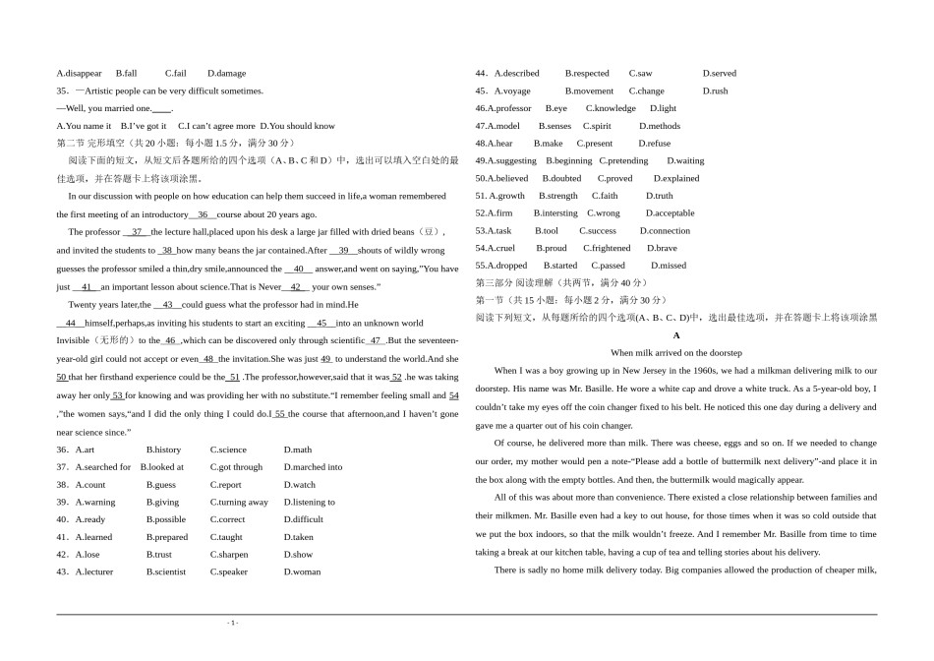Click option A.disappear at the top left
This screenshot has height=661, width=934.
(80, 73)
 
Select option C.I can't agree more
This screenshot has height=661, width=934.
(216, 126)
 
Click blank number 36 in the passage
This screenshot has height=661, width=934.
(203, 213)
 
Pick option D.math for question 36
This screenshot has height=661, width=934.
(298, 450)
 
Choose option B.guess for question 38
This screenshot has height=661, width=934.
(161, 485)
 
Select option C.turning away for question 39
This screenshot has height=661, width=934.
(239, 503)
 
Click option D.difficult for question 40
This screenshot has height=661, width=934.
(304, 519)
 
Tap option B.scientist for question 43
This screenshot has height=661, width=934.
(166, 571)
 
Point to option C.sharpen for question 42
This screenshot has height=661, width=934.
(229, 555)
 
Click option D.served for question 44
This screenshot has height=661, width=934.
(719, 73)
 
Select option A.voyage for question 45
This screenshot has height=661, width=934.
(511, 90)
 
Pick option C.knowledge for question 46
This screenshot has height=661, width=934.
(611, 108)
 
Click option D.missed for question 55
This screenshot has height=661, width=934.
(669, 266)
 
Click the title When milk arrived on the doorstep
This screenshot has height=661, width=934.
(676, 352)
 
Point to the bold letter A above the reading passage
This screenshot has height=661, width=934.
(676, 335)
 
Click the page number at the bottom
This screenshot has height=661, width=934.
(233, 623)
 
